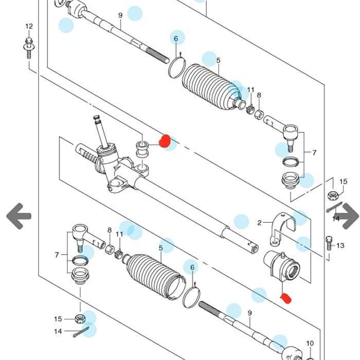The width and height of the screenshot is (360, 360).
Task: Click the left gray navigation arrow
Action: tap(19, 216)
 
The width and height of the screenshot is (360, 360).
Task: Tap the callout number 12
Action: tap(29, 26)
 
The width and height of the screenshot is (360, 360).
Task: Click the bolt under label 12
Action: tap(29, 48)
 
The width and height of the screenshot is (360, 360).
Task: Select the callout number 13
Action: tap(340, 246)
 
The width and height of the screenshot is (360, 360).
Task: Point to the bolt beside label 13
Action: tap(329, 243)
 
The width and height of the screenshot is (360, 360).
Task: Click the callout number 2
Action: tap(259, 223)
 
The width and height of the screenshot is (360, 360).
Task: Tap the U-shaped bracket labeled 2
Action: tap(282, 229)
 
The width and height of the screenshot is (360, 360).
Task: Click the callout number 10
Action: tap(310, 343)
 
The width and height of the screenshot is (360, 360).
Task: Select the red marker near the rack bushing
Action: tap(165, 141)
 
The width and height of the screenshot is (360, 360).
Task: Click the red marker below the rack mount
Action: tap(286, 298)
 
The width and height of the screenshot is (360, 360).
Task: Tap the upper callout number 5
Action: tap(219, 60)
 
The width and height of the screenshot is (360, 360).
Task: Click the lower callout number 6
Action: tap(192, 267)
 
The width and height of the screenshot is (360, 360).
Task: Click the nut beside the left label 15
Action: tap(80, 319)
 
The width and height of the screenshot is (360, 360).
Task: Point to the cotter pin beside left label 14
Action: tap(81, 332)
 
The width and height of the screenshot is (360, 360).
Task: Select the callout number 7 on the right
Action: tap(314, 152)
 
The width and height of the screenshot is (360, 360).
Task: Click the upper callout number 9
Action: tap(120, 15)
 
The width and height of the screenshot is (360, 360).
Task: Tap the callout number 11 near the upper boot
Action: tap(251, 89)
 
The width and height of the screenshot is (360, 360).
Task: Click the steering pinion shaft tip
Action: tap(96, 117)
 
